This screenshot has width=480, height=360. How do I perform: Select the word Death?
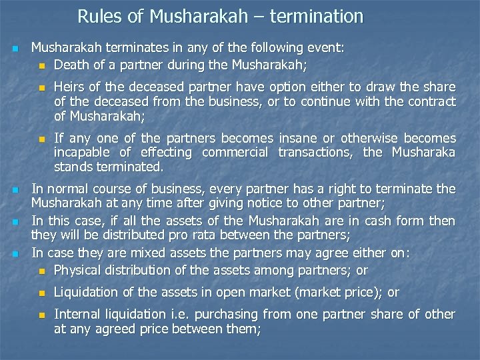tap(71, 65)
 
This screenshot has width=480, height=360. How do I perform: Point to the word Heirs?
tap(71, 87)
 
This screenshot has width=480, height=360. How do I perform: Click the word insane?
tap(300, 138)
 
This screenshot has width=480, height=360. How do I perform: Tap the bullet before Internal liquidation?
tap(42, 315)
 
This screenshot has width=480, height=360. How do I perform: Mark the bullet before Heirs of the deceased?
tap(42, 88)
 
